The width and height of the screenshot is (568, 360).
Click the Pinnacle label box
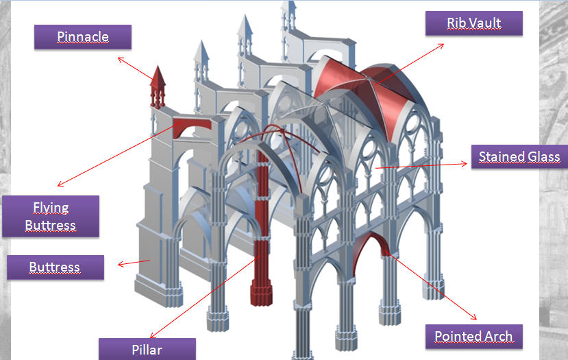point(83,36)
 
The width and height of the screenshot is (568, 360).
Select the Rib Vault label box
point(473,23)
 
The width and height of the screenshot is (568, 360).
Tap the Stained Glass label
point(519,157)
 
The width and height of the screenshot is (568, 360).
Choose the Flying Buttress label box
point(51,216)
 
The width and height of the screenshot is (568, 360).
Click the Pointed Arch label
point(473,337)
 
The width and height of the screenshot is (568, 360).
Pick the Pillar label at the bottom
point(147,349)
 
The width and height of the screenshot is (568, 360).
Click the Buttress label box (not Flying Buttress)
point(55,267)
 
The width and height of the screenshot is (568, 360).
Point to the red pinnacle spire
point(158,86)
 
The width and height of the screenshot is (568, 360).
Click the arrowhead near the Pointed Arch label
point(474,317)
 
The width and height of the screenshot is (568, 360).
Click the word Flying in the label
point(51,207)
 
